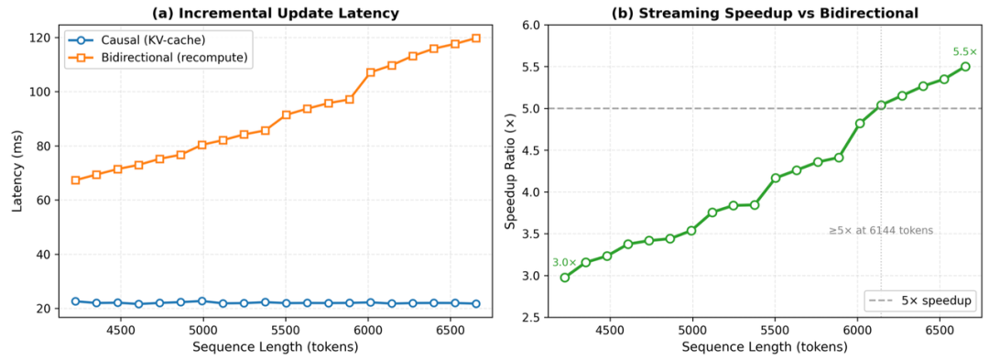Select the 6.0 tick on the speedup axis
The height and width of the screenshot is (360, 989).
click(531, 26)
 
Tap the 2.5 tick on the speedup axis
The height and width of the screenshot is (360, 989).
click(531, 317)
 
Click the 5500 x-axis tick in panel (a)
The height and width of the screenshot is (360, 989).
click(286, 331)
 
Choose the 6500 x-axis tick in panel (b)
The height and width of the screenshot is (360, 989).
click(940, 331)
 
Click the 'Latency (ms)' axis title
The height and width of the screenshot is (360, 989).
click(18, 171)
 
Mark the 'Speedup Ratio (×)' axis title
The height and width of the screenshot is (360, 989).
click(511, 171)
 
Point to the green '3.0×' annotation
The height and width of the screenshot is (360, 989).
click(563, 262)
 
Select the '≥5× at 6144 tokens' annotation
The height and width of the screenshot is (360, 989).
click(881, 231)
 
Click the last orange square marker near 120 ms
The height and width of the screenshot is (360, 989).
click(475, 38)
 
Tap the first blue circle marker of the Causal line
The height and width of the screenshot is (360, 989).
click(76, 301)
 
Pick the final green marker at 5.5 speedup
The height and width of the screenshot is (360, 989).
click(965, 66)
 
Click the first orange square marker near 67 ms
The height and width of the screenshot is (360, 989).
click(76, 180)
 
